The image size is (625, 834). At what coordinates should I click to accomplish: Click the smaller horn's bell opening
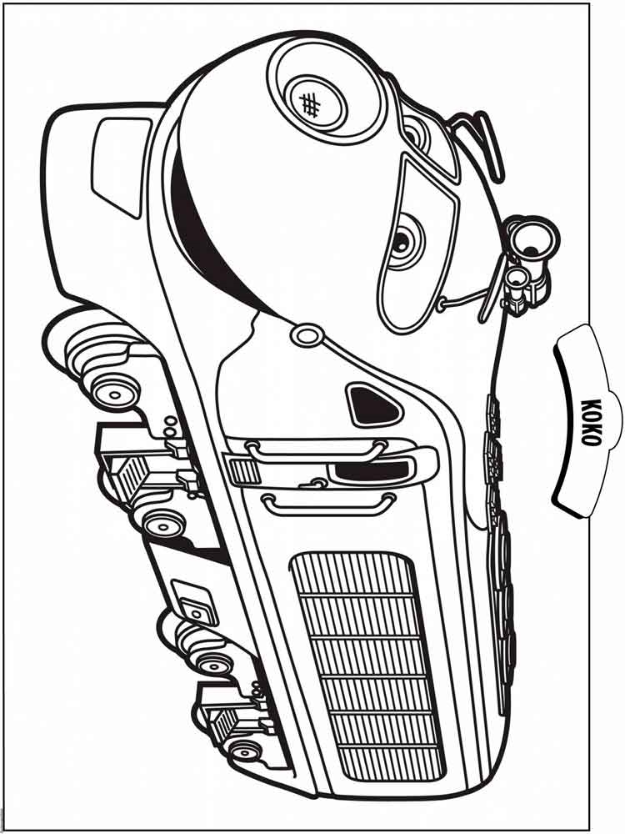[517, 277]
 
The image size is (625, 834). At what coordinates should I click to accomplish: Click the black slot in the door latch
[370, 470]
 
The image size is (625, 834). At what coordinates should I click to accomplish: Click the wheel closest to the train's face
[111, 393]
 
